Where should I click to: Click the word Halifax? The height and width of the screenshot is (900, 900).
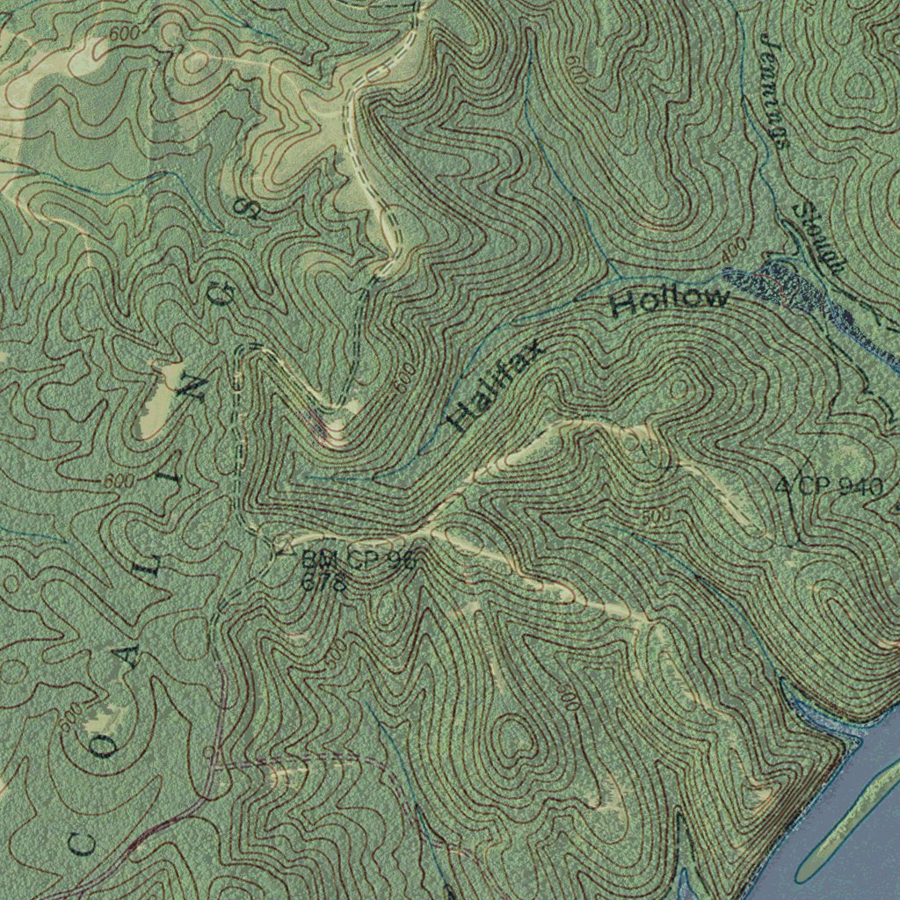(495, 387)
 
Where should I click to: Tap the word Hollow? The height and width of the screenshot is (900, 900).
(671, 301)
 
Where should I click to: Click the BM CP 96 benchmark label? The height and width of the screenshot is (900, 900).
(356, 559)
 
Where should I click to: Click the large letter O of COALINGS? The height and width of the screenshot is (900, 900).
(107, 747)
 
